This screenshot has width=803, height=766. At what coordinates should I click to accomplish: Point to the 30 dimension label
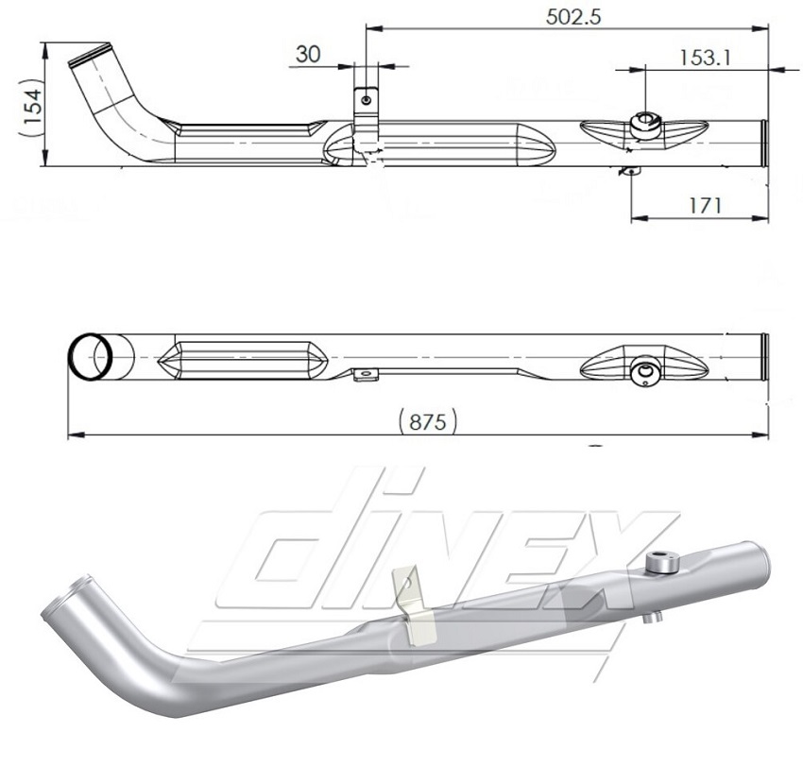pyautogui.click(x=308, y=55)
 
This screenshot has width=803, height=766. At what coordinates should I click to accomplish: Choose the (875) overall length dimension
pyautogui.click(x=428, y=420)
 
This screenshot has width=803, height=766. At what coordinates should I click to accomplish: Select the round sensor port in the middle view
pyautogui.click(x=645, y=373)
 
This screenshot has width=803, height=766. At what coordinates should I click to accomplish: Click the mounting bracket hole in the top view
pyautogui.click(x=367, y=99)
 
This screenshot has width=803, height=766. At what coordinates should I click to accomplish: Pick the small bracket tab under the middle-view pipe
pyautogui.click(x=366, y=375)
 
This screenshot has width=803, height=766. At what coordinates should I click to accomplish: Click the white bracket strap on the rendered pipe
pyautogui.click(x=412, y=604)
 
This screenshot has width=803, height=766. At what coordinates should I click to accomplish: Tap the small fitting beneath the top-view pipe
pyautogui.click(x=631, y=171)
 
